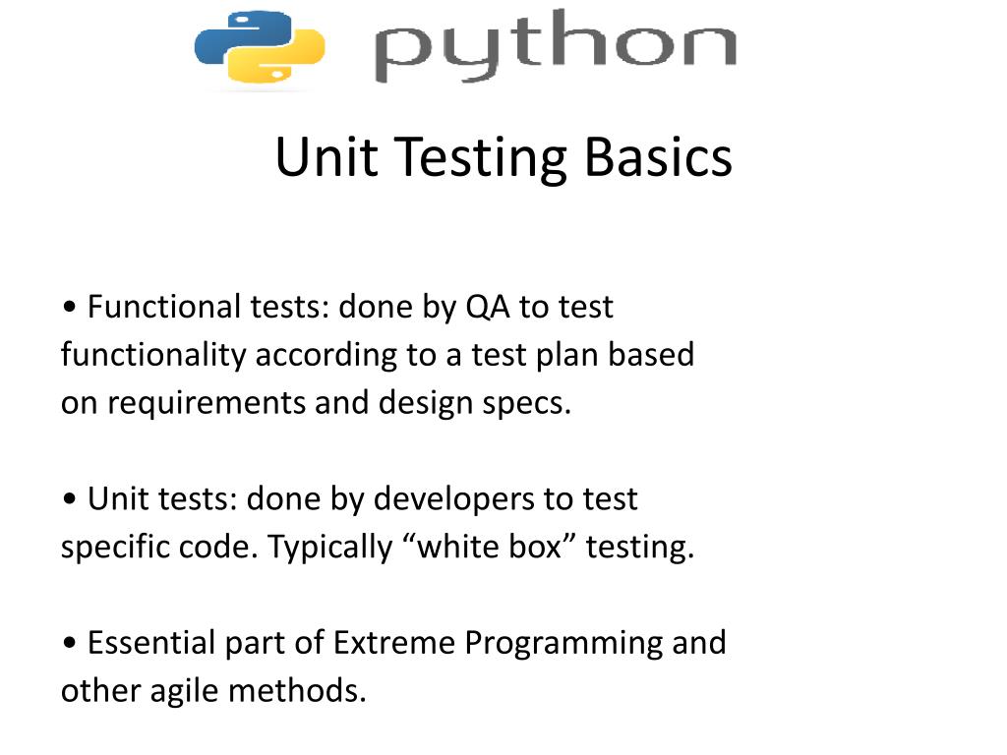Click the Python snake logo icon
coord(260,46)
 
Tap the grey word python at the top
coord(556,46)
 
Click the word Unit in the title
coord(326,157)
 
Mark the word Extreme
coord(394,643)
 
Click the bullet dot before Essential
coord(70,644)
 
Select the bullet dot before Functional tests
coord(70,308)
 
